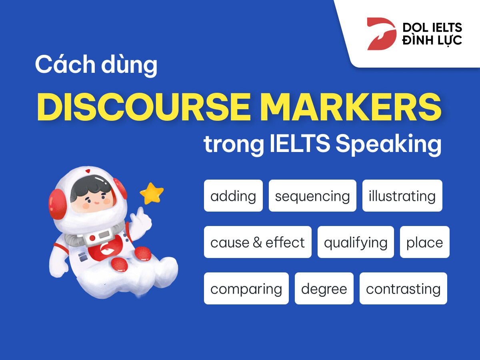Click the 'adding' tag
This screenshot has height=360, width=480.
pyautogui.click(x=233, y=196)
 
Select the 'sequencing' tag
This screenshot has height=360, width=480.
pyautogui.click(x=312, y=196)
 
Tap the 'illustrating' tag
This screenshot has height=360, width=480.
pyautogui.click(x=402, y=196)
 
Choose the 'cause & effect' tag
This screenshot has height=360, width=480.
pyautogui.click(x=258, y=242)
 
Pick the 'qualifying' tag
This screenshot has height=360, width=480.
pyautogui.click(x=356, y=242)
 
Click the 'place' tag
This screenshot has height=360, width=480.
pyautogui.click(x=424, y=242)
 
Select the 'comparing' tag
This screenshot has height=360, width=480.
pyautogui.click(x=246, y=288)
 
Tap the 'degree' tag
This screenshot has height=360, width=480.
pyautogui.click(x=324, y=288)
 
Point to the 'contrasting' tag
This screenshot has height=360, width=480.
pyautogui.click(x=403, y=288)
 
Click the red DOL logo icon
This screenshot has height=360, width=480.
pyautogui.click(x=380, y=34)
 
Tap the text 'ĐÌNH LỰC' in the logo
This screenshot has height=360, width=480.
pyautogui.click(x=432, y=40)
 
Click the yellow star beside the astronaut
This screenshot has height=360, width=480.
pyautogui.click(x=152, y=193)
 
